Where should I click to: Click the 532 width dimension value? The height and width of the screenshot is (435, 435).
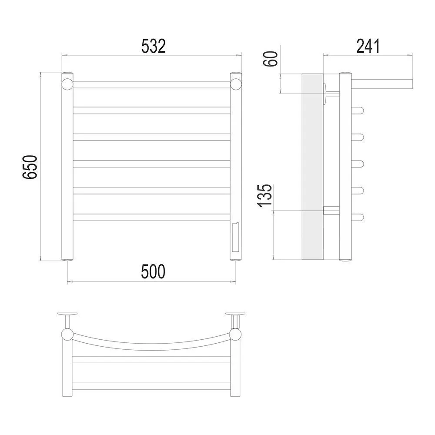[154, 46]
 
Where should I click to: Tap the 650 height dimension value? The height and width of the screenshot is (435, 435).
[30, 167]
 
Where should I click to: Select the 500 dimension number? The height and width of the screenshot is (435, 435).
[153, 271]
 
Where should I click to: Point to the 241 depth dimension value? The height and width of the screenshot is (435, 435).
[368, 46]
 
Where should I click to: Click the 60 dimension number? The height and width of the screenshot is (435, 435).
[271, 59]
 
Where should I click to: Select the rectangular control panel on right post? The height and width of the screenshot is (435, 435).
[234, 237]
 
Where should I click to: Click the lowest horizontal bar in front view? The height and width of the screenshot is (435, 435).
[151, 217]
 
